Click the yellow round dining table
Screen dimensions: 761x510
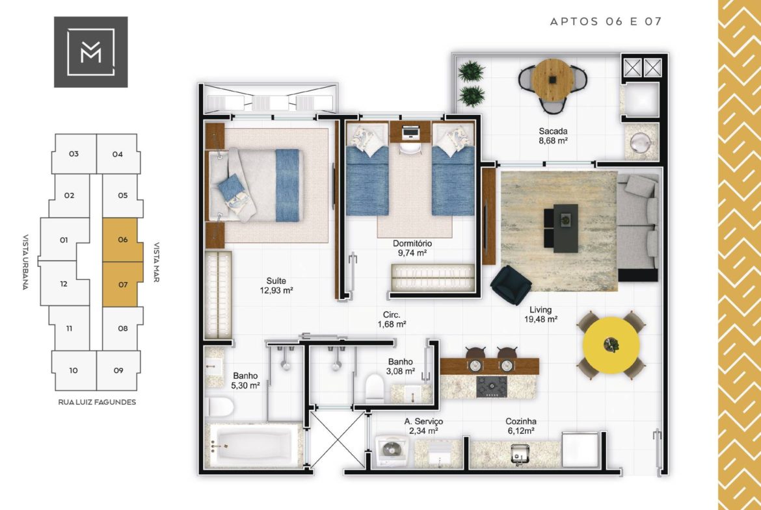tap(611, 345)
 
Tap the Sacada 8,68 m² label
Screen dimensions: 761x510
tap(553, 136)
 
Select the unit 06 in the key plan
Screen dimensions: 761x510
tap(122, 240)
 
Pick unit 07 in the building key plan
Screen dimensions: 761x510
tap(122, 285)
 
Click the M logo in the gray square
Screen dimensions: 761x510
tap(91, 52)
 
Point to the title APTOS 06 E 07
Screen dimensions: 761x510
tap(606, 21)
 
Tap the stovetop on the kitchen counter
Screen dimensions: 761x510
tap(492, 387)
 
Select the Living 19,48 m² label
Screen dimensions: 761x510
tap(541, 314)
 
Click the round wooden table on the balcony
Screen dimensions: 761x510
tap(552, 79)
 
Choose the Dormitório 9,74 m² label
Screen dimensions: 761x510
tap(412, 248)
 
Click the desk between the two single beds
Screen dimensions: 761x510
tap(410, 132)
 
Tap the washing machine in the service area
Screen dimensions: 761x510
tap(392, 451)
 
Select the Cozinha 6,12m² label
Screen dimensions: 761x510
tap(520, 426)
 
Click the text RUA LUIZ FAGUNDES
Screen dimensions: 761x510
tap(97, 402)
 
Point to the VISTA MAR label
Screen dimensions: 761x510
tap(157, 262)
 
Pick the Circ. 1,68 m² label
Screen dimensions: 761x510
tap(392, 320)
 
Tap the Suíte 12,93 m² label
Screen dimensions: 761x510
tap(276, 286)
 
